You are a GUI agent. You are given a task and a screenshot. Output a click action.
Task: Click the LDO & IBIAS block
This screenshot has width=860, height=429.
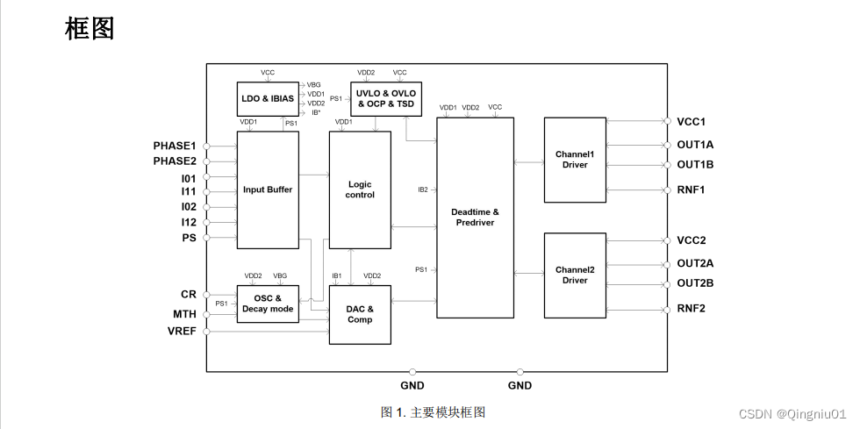pos(268,99)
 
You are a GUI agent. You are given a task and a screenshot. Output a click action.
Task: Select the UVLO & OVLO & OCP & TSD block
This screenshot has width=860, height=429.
pos(386,98)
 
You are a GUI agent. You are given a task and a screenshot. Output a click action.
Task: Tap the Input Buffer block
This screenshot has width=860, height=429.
pos(268,189)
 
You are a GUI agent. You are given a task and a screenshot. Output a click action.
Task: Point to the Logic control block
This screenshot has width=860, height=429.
pos(360,189)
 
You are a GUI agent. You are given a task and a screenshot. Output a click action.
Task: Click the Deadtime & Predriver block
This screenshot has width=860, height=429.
pos(475,218)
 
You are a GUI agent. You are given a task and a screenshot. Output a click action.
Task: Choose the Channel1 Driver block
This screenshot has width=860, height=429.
pos(575,160)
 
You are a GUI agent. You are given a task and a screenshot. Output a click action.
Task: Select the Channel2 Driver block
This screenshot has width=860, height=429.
pos(575,275)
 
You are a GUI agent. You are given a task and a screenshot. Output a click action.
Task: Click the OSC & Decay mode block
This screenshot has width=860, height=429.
pos(268,304)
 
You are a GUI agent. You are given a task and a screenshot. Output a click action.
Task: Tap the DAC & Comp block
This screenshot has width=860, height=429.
pos(360,314)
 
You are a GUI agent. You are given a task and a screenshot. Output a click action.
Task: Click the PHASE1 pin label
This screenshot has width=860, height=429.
pos(175,146)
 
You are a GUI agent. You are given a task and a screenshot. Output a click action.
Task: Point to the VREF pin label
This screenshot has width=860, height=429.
pos(182,332)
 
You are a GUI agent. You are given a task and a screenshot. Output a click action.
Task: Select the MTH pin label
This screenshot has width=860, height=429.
pos(184,313)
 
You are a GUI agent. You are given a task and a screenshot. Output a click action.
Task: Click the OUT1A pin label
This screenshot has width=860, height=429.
pos(695,144)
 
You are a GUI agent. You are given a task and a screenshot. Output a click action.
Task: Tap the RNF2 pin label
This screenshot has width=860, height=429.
pos(691,308)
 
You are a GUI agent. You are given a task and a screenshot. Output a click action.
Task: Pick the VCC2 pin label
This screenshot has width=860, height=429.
pos(691,240)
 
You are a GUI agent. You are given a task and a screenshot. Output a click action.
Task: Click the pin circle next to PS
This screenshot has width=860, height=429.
pos(206,238)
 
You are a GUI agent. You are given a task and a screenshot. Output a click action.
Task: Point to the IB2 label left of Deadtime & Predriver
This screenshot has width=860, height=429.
pos(422,189)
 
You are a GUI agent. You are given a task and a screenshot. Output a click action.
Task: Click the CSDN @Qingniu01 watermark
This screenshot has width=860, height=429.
pos(792,413)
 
